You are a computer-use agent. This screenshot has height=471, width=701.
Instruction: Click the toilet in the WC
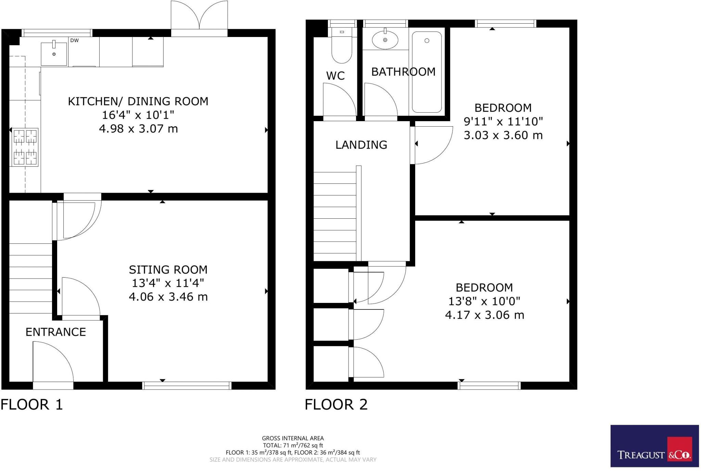click(342, 48)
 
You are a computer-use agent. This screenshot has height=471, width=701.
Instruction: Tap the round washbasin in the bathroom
click(385, 40)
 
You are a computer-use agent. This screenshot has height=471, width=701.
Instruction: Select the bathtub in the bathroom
click(426, 72)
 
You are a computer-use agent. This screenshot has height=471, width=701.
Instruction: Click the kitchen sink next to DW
click(54, 54)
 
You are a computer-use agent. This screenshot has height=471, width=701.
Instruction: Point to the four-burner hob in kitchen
click(25, 147)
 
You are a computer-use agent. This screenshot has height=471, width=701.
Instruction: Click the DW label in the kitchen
click(74, 40)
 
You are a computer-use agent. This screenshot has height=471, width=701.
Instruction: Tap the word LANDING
click(361, 145)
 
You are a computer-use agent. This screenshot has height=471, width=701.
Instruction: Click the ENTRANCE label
click(56, 332)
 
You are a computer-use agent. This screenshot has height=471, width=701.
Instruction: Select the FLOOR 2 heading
click(336, 405)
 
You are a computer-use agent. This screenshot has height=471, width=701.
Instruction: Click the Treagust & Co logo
click(654, 446)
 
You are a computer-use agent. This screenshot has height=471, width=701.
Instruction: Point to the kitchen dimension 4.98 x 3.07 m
click(138, 129)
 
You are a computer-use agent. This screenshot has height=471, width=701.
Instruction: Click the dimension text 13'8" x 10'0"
click(484, 301)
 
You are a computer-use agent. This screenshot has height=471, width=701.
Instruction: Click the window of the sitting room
click(187, 386)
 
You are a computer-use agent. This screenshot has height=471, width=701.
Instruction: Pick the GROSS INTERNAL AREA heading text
click(293, 438)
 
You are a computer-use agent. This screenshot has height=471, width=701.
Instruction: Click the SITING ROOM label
click(168, 270)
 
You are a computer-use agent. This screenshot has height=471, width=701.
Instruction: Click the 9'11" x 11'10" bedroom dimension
click(503, 122)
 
